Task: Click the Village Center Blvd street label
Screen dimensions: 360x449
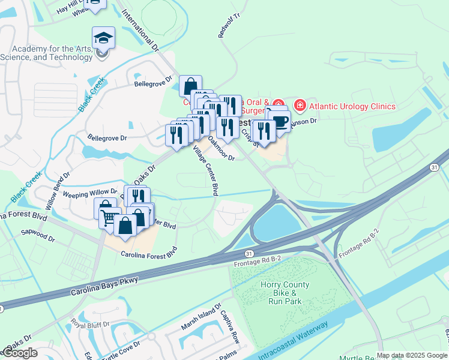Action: pos(205,172)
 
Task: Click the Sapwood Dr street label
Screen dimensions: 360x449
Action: pos(38,235)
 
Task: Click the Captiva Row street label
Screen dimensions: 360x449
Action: pos(230,327)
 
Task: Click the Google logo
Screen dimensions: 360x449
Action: pos(20,353)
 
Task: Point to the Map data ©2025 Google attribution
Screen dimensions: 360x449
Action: pos(412,355)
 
